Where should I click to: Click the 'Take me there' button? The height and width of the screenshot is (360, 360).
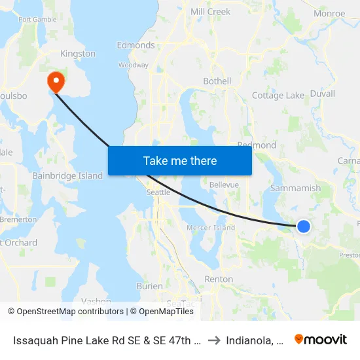click(180, 160)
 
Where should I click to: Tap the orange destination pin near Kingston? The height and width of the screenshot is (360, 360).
click(56, 81)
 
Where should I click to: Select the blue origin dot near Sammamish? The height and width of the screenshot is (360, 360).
click(304, 226)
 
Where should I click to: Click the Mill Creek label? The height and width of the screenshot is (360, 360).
click(210, 12)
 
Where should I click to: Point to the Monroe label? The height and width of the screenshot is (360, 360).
click(329, 13)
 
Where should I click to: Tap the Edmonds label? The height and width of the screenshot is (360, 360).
click(135, 45)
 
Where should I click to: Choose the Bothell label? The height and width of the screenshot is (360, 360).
click(217, 81)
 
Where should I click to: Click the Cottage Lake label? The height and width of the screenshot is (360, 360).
click(278, 96)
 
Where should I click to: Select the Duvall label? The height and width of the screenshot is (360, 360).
click(322, 94)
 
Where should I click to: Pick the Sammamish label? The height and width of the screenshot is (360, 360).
click(296, 188)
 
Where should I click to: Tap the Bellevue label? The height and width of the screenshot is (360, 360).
click(224, 185)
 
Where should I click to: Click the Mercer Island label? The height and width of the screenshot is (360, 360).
click(211, 228)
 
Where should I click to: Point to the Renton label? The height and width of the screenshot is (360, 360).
click(219, 279)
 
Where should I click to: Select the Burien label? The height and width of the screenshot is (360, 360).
click(149, 286)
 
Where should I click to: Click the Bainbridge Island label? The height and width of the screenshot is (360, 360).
click(67, 175)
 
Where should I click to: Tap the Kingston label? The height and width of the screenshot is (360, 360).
click(77, 54)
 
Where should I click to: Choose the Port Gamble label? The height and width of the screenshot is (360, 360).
click(37, 20)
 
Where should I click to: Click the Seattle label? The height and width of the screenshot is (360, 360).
click(158, 192)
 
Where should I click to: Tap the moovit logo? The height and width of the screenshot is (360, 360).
click(321, 339)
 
